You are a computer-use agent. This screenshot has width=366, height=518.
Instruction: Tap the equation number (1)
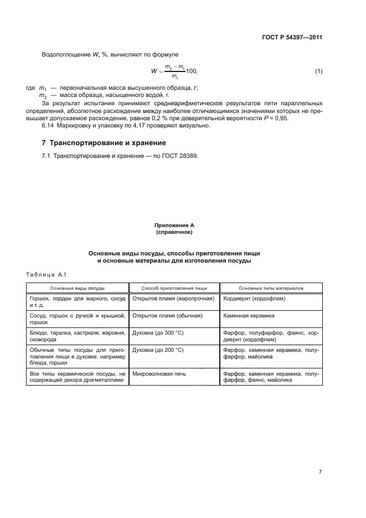pos(318,71)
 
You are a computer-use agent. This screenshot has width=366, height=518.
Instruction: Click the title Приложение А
pos(174,225)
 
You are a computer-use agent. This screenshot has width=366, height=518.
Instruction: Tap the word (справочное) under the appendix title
pos(174,233)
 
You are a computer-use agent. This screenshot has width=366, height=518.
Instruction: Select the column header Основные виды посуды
pos(78,288)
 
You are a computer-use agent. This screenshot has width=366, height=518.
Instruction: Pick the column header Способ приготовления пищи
pos(174,288)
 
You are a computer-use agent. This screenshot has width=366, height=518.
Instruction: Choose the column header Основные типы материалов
pos(271,288)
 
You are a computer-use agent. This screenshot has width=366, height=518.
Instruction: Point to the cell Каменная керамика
pos(249,315)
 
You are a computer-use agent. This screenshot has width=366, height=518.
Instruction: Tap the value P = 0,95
pos(287,119)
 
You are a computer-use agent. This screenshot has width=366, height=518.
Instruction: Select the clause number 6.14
pos(48,126)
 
